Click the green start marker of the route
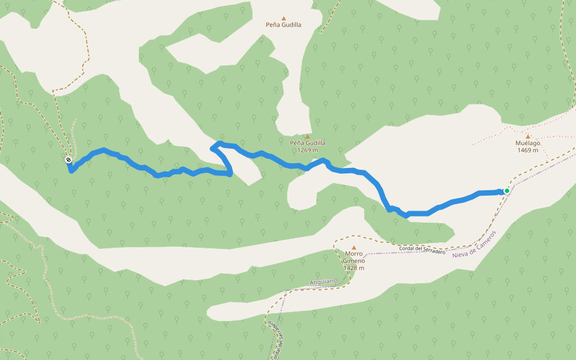coord(507,191)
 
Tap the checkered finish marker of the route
coord(69,160)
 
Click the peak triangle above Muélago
coord(528,136)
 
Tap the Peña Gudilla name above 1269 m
coord(307,143)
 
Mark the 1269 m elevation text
coord(307,150)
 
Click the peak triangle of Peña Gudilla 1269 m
coord(307,136)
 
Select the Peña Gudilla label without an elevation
coord(284,25)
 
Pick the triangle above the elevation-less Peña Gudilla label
coord(284,18)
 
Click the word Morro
coord(354,254)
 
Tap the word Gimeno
coord(354,261)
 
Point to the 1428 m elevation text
coord(354,268)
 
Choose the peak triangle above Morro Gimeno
coord(354,247)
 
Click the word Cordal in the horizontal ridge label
coord(407,248)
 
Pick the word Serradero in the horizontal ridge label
coord(434,251)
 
